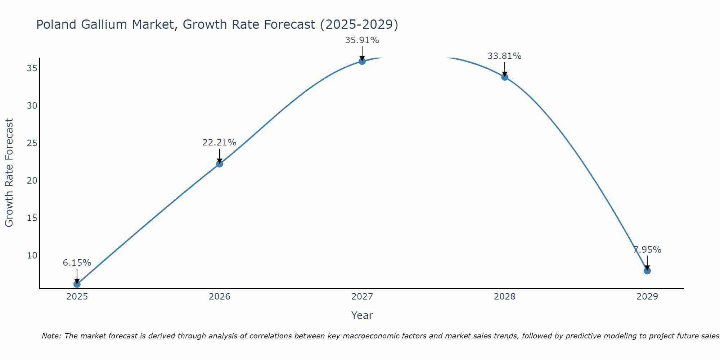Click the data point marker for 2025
(x=77, y=284)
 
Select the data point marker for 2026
(x=220, y=164)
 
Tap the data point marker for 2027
(x=362, y=61)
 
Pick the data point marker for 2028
(x=505, y=77)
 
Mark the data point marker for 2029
(x=647, y=271)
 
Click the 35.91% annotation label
(x=362, y=40)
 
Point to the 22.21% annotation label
(x=219, y=143)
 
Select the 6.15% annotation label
(x=77, y=263)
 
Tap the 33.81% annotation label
(x=504, y=56)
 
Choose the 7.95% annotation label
(x=647, y=250)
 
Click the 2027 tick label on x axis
(x=362, y=297)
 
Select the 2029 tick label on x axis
(x=647, y=297)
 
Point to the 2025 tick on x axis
(x=77, y=297)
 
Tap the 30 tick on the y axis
(x=32, y=106)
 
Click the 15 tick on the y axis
(x=32, y=218)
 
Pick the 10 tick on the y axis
(x=32, y=256)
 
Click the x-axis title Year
(x=362, y=315)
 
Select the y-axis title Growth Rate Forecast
(x=9, y=172)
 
